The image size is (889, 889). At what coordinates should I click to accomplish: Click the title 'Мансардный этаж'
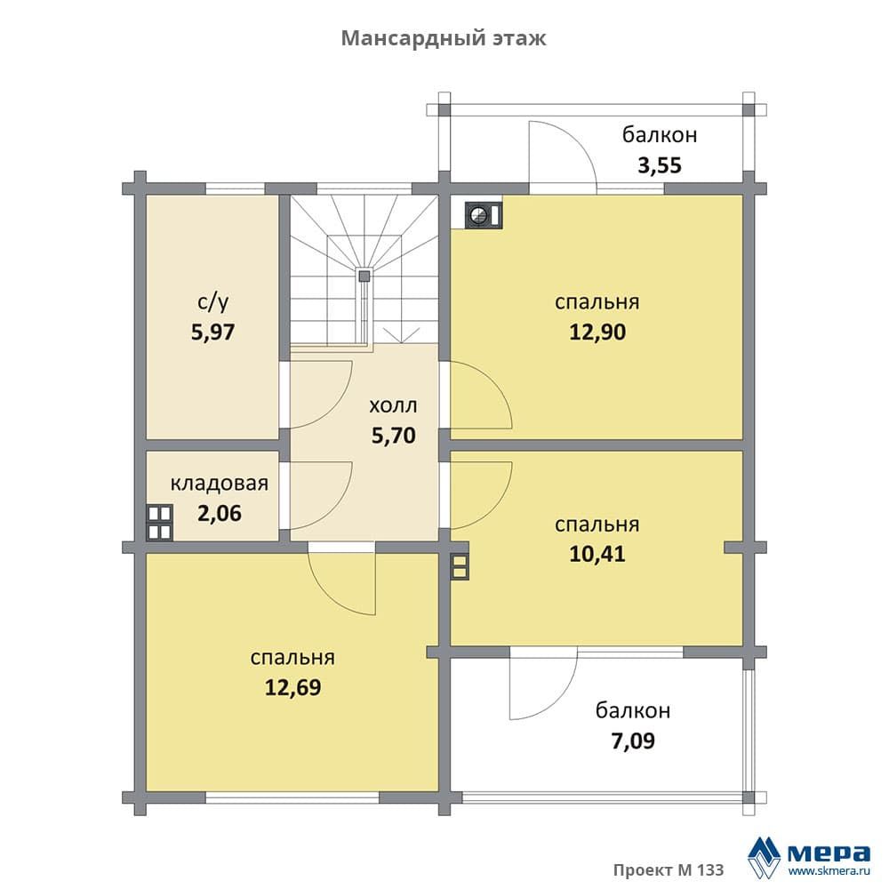[x=444, y=38]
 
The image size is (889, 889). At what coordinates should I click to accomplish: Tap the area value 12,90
[x=597, y=332]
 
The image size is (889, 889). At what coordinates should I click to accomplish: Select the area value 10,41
[x=597, y=554]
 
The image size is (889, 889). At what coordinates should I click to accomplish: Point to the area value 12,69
[x=293, y=687]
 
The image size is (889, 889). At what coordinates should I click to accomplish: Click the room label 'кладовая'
[x=220, y=484]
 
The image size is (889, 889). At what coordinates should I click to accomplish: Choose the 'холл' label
[x=394, y=406]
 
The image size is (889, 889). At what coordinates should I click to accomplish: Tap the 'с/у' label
[x=213, y=303]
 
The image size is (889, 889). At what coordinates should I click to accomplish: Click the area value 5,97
[x=212, y=332]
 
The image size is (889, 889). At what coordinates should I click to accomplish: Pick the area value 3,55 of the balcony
[x=660, y=165]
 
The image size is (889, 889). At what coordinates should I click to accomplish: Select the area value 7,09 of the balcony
[x=633, y=741]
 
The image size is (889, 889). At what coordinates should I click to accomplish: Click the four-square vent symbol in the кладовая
[x=159, y=522]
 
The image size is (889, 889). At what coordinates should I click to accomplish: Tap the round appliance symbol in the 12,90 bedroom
[x=484, y=215]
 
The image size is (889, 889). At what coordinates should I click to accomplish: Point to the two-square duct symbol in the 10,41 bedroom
[x=460, y=565]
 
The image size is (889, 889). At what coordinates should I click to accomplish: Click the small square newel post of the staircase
[x=364, y=276]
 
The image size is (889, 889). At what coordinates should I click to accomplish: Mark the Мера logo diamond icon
[x=764, y=857]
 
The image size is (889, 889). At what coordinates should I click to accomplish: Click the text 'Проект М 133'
[x=669, y=869]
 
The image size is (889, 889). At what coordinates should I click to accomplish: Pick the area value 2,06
[x=220, y=513]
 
